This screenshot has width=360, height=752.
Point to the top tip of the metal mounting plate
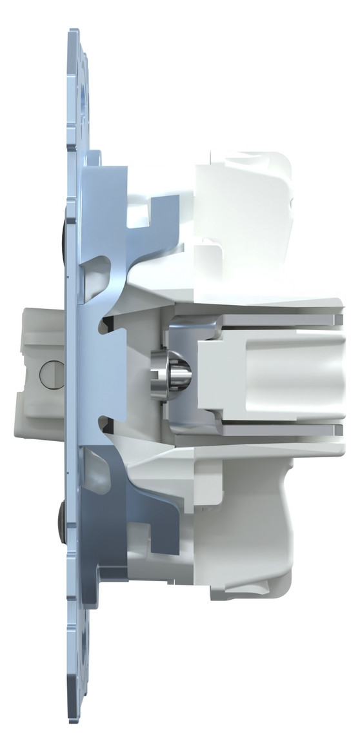74,31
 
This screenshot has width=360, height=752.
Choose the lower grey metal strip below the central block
271,429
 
